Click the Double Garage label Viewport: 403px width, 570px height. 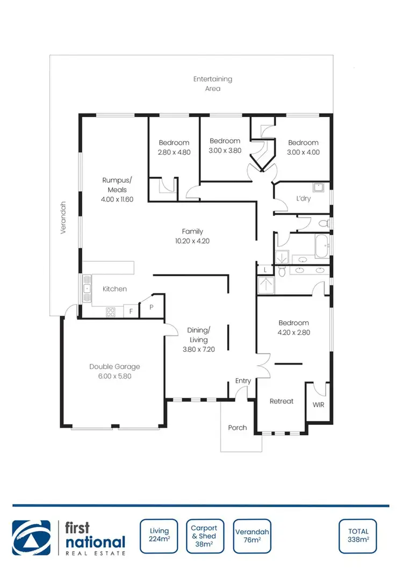click(114, 366)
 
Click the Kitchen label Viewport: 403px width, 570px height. click(115, 289)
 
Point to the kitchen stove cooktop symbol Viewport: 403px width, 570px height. click(111, 311)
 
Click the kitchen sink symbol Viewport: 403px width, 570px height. click(87, 288)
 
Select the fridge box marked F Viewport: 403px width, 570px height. click(131, 311)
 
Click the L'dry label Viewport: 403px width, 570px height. click(304, 198)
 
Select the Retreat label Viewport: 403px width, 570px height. click(282, 401)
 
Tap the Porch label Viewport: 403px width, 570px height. click(238, 428)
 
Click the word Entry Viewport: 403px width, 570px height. click(243, 381)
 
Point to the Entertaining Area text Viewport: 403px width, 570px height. click(213, 83)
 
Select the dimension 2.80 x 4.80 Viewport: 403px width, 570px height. click(174, 152)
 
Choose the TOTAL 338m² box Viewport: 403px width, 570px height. click(358, 536)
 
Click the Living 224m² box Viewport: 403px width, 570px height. click(159, 536)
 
